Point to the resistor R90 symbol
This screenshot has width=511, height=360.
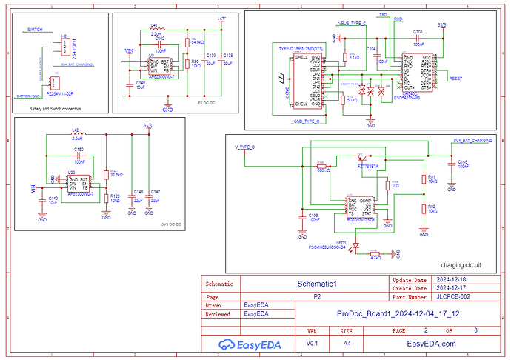[188, 65]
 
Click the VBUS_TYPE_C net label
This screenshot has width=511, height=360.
[352, 24]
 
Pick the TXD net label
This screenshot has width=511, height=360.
[383, 14]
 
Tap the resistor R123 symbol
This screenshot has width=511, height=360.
[105, 199]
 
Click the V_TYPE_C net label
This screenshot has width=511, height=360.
[244, 147]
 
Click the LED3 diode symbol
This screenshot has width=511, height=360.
[356, 247]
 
